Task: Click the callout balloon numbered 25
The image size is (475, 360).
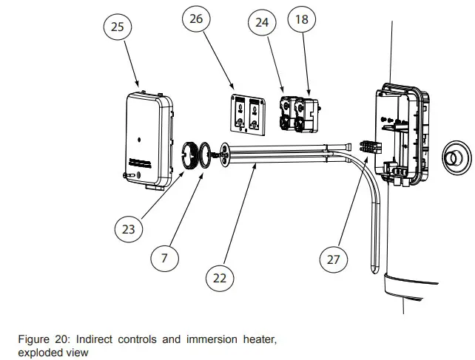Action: pos(118,27)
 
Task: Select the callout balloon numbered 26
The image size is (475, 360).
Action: pos(195,19)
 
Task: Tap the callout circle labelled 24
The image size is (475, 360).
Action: pos(262,23)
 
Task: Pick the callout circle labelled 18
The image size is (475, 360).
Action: pos(301,20)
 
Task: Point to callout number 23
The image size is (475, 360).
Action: pos(129,229)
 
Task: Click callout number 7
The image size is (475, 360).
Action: pos(164,258)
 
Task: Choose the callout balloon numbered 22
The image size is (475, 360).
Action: pos(220,278)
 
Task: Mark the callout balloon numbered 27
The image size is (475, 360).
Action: pos(334,259)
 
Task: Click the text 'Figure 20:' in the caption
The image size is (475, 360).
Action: pos(43,339)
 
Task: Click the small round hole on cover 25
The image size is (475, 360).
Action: pos(139,138)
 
